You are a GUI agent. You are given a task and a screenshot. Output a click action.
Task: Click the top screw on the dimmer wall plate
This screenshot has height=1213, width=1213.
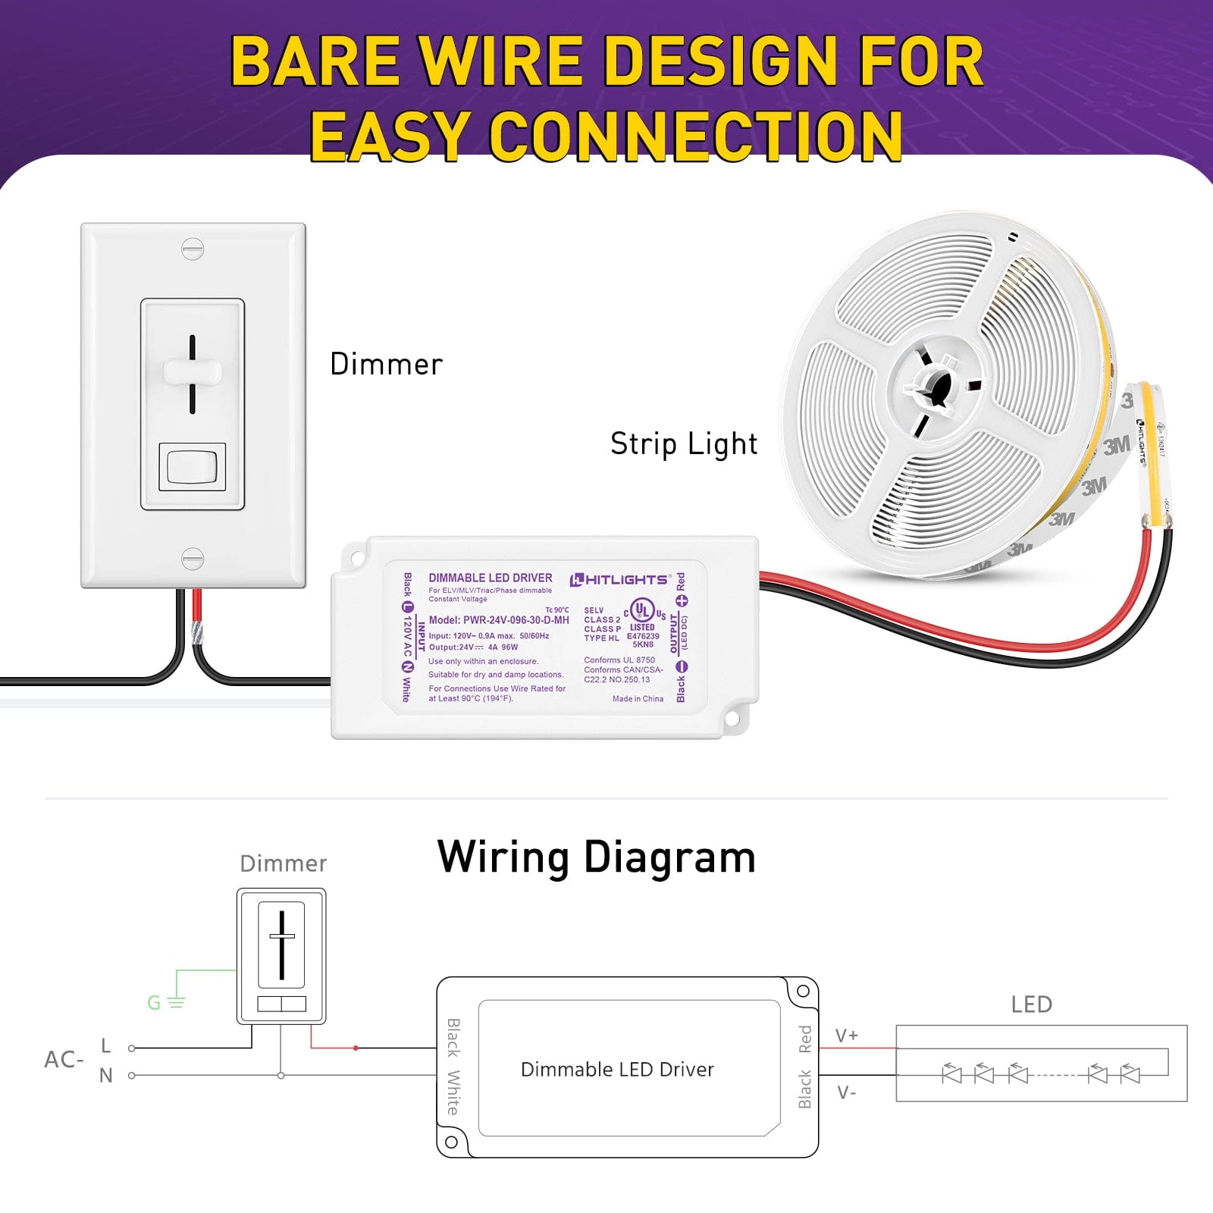point(193,249)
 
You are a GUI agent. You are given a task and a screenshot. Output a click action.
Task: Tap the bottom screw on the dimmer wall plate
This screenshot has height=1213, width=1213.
point(193,559)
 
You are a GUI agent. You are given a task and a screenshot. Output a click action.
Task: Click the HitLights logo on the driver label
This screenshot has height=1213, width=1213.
point(620,580)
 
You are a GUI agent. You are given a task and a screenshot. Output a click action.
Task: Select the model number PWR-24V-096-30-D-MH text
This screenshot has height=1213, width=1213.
point(499,620)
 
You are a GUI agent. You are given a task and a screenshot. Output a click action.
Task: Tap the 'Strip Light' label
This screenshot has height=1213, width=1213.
point(684,444)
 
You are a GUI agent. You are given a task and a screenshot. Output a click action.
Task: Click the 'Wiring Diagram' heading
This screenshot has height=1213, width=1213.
point(597,857)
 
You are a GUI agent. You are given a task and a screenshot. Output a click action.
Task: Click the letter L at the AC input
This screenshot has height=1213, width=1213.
point(106,1046)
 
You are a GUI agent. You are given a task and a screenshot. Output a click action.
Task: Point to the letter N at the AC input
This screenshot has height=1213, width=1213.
point(106,1076)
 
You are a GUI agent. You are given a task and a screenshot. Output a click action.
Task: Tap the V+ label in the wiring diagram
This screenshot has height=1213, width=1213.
point(847,1036)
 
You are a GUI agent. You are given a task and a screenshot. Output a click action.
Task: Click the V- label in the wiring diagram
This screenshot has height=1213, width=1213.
point(847,1093)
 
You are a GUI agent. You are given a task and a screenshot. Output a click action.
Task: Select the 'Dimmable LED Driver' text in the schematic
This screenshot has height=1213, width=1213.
point(617,1070)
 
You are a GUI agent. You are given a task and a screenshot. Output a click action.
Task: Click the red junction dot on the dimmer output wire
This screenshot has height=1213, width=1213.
point(356,1048)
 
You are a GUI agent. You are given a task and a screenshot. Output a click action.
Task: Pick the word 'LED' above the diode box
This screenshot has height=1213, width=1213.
point(1032,1005)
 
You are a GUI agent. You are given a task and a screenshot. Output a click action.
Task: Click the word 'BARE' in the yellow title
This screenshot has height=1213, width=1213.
point(315,62)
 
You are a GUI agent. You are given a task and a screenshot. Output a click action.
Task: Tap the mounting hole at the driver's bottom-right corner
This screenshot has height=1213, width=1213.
point(732,718)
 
